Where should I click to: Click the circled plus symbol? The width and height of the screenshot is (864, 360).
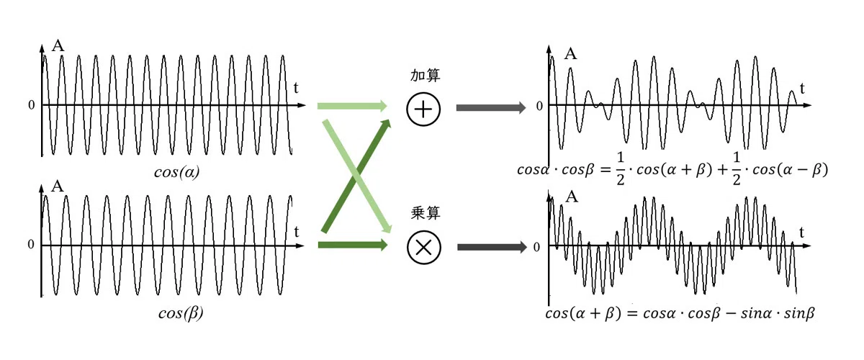(423, 109)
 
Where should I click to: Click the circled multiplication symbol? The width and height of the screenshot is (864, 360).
(424, 248)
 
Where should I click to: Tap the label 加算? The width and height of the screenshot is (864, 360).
(425, 76)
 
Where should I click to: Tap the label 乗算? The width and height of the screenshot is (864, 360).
(426, 213)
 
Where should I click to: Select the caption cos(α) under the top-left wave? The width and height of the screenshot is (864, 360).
(176, 172)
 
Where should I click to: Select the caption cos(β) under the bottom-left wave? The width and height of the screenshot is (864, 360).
(181, 313)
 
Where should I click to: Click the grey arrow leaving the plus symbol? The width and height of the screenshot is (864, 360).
(491, 108)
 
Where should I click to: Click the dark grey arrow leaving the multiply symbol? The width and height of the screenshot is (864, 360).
(492, 247)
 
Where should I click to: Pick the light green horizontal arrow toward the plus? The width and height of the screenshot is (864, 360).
(352, 106)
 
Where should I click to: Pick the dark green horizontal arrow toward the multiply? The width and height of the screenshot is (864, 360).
(353, 245)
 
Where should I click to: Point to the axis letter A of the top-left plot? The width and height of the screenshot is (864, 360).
(58, 45)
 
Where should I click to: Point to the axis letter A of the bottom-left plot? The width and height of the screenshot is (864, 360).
(58, 186)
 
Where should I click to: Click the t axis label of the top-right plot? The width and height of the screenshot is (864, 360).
(802, 89)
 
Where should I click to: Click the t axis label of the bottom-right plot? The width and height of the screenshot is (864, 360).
(801, 233)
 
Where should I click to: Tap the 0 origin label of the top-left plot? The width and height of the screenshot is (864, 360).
(32, 105)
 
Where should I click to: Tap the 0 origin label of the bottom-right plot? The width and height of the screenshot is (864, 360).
(536, 248)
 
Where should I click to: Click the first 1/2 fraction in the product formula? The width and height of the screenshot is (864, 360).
(620, 168)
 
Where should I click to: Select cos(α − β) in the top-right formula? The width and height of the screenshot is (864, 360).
(791, 170)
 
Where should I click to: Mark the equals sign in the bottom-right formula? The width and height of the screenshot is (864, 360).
(632, 313)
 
